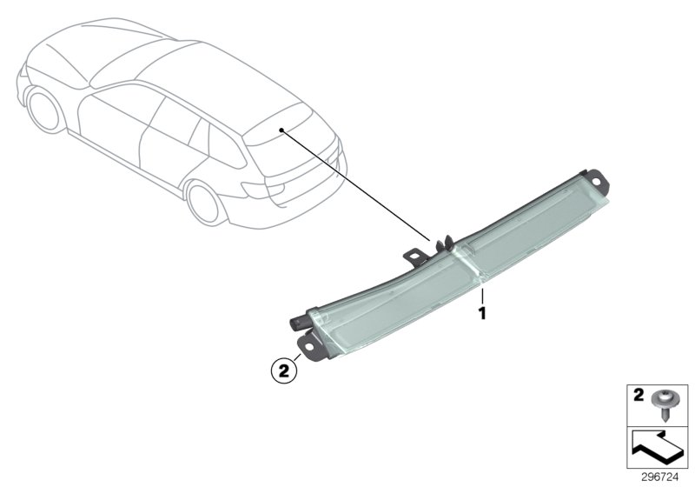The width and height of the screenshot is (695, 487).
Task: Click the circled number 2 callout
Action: [x=283, y=370]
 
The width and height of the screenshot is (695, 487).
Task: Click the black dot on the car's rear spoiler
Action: [x=281, y=129]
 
